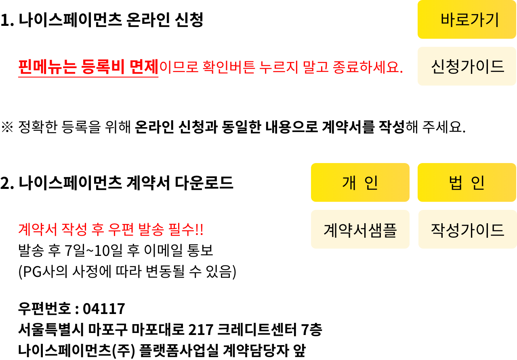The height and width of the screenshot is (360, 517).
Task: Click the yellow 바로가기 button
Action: pyautogui.click(x=467, y=19)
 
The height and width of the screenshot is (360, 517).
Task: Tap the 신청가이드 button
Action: pyautogui.click(x=467, y=66)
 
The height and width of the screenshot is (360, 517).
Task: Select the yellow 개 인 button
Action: pyautogui.click(x=360, y=182)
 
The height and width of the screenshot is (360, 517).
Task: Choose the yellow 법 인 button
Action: pyautogui.click(x=467, y=182)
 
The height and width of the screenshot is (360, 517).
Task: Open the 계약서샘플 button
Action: pyautogui.click(x=360, y=229)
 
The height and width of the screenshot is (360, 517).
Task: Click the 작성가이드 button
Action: pyautogui.click(x=468, y=229)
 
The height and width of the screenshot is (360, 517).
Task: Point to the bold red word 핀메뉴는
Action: pyautogui.click(x=47, y=67)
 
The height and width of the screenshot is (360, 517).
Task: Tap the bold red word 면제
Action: pyautogui.click(x=144, y=67)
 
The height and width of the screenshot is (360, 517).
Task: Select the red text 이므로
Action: pyautogui.click(x=179, y=67)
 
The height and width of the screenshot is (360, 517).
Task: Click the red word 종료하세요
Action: pyautogui.click(x=368, y=67)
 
